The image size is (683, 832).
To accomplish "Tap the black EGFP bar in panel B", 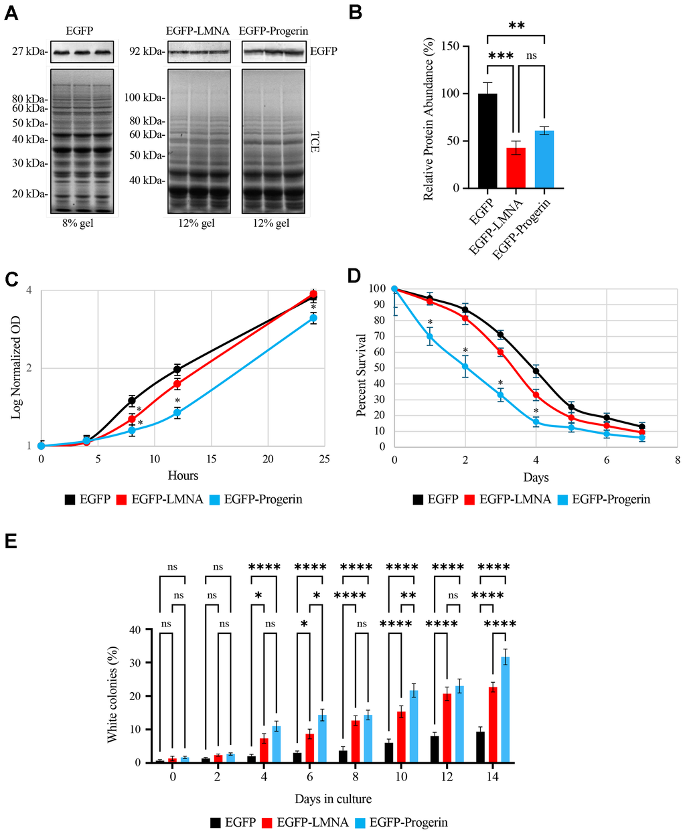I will point(487,141).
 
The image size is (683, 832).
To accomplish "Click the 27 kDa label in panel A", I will point(28,50).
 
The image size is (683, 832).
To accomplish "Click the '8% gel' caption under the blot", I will point(76,224).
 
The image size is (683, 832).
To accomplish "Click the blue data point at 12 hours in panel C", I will point(177,413).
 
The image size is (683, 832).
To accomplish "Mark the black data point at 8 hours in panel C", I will point(132,401).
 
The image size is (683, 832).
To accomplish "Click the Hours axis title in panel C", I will point(183,475).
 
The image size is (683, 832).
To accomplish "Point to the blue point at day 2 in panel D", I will point(465,367).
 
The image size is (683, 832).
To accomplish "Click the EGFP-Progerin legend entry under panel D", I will point(605,499).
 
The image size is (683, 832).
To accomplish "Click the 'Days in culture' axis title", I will point(333,799).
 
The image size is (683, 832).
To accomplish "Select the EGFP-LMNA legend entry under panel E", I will point(305,822).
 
